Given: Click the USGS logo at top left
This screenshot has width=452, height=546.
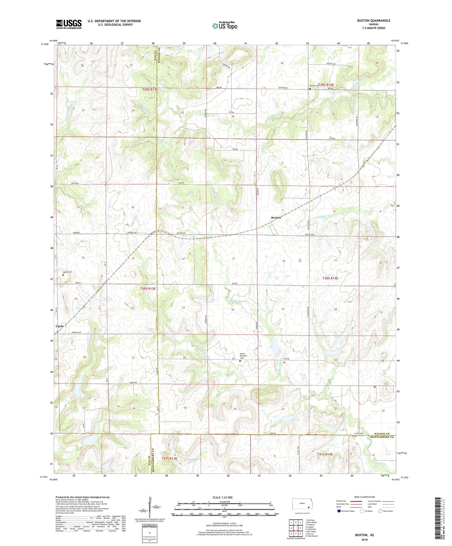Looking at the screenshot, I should (69, 24).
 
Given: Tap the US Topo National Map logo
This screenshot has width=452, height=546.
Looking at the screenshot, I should (224, 26).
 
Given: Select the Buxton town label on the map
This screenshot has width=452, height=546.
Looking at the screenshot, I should (276, 217).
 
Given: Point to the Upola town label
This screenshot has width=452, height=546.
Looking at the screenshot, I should (59, 326).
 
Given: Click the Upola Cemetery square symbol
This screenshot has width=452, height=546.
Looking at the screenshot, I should (63, 275).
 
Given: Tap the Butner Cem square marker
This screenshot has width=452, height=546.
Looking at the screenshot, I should (310, 89).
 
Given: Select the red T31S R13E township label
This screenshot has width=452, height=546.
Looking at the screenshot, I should (169, 458).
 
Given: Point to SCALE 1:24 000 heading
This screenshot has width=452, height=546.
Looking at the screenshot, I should (222, 497).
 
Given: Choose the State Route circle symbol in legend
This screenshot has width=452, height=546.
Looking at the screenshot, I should (380, 511).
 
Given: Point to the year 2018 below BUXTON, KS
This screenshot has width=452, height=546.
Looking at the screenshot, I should (364, 539).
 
